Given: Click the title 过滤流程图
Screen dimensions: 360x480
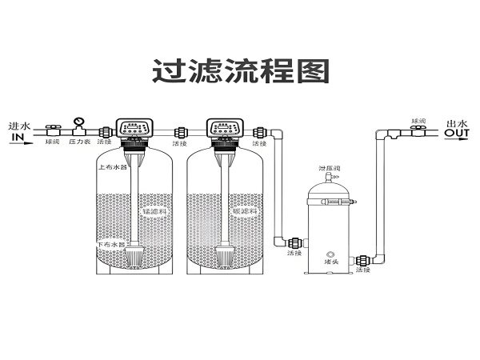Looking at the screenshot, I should [240, 71].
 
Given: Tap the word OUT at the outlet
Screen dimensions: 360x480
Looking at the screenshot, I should [457, 134].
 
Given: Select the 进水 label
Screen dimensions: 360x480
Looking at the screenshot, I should [18, 126].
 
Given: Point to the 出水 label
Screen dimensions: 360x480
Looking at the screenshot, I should [456, 123].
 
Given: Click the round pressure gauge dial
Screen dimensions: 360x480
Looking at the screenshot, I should [78, 122].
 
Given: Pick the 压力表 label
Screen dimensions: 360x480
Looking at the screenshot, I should [78, 142].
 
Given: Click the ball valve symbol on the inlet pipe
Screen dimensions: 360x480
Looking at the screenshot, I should [54, 130].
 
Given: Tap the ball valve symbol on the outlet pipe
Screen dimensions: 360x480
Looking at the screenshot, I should [417, 130].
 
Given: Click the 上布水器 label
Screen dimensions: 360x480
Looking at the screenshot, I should [112, 168].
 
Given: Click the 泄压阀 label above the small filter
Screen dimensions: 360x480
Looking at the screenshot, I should [330, 169].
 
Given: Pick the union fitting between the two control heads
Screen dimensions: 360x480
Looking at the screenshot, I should [181, 131].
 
